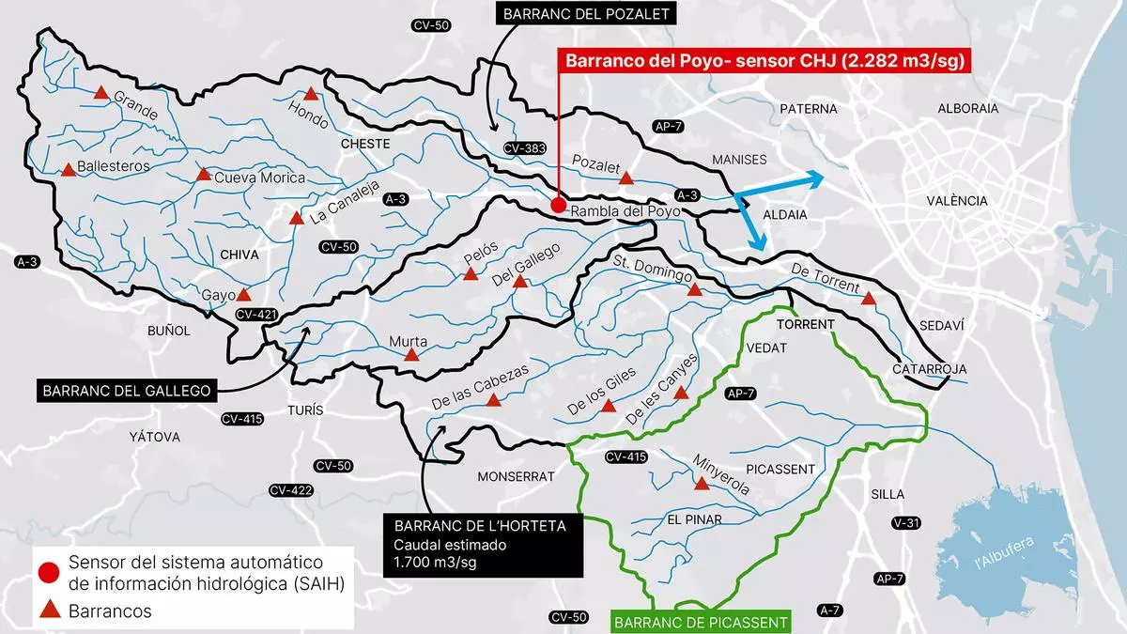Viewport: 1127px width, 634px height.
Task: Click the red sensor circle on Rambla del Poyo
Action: click(x=558, y=205)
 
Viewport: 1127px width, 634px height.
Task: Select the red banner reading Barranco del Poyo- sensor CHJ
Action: click(x=764, y=62)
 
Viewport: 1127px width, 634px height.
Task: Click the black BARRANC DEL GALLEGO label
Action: click(x=124, y=390)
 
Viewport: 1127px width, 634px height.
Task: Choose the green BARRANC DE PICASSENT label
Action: click(x=701, y=622)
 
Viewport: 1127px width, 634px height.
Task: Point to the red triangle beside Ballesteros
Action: click(x=69, y=170)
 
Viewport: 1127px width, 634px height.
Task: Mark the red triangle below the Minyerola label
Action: click(x=701, y=484)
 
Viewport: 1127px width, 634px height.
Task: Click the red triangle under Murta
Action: click(x=411, y=355)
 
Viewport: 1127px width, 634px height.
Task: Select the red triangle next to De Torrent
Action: click(x=869, y=299)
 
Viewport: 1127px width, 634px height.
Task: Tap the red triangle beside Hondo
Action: click(x=312, y=94)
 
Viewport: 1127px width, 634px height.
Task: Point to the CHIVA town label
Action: click(x=239, y=255)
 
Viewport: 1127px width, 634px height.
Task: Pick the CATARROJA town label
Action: click(x=929, y=369)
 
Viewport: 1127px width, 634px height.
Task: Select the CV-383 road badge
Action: click(x=524, y=148)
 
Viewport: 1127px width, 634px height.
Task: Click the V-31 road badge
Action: click(x=905, y=522)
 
